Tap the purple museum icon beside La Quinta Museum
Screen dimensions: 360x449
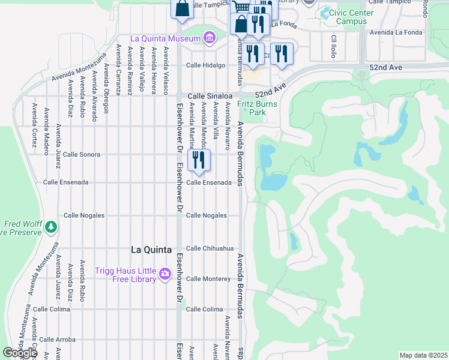[208, 39]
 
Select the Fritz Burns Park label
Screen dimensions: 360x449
[251, 107]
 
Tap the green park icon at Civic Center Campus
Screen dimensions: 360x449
[325, 11]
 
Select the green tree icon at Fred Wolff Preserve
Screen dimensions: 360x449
[52, 226]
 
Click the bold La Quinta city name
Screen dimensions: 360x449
[151, 250]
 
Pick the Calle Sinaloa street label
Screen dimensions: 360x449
[209, 96]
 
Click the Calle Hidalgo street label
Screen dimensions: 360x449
[205, 65]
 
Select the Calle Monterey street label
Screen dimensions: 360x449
[208, 279]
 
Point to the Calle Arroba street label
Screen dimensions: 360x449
[54, 340]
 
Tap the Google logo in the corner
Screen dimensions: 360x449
[19, 353]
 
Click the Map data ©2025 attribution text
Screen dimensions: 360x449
[423, 355]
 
